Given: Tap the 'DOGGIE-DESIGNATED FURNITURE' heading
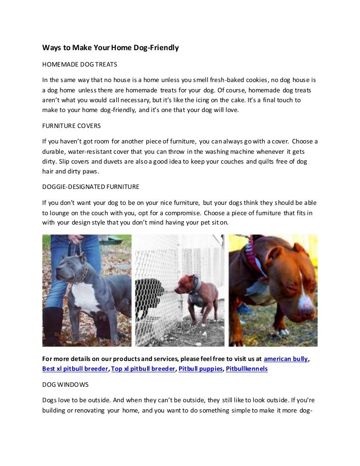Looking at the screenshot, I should click(90, 186).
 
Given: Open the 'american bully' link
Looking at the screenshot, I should click(286, 359).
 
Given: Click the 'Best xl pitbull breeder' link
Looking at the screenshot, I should click(75, 369).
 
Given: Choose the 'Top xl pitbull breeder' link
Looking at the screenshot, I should click(142, 369).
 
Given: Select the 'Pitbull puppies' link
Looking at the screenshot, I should click(201, 369).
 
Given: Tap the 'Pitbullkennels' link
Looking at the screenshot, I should click(247, 369).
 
